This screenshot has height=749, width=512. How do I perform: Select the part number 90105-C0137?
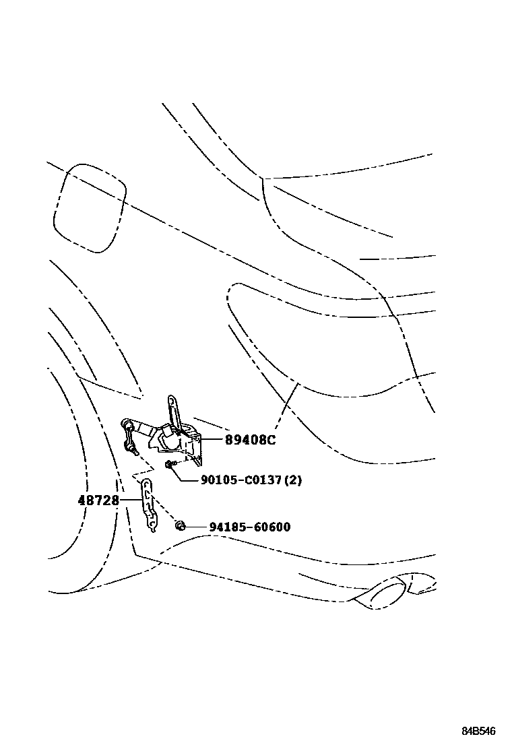[x=242, y=480]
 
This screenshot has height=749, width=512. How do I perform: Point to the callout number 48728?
[x=98, y=500]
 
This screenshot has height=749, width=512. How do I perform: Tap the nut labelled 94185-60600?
[x=180, y=525]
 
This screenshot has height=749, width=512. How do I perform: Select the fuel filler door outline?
[x=89, y=207]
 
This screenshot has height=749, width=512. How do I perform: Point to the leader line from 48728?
[x=131, y=500]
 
